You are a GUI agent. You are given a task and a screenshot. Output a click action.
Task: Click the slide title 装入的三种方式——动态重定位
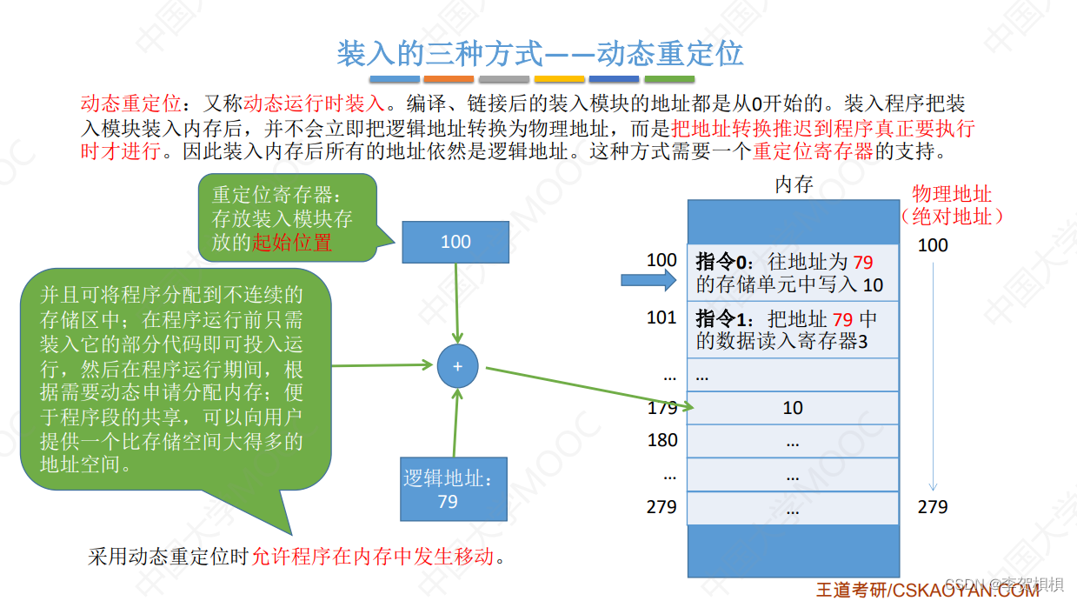click(539, 54)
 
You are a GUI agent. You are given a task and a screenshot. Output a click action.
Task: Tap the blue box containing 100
click(455, 242)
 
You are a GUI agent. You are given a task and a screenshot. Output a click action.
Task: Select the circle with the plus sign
click(457, 366)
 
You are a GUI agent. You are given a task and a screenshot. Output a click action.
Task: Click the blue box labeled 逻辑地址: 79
click(448, 490)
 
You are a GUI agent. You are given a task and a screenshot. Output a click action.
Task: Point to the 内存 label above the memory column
click(793, 184)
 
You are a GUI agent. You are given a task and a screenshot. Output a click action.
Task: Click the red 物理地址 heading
click(952, 194)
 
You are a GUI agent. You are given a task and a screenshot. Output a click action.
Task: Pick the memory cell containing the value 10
click(793, 408)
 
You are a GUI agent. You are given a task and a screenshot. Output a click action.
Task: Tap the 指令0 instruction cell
click(793, 273)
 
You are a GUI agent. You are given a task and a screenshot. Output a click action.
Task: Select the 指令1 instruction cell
click(793, 330)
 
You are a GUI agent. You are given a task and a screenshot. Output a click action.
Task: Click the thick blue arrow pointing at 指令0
click(648, 280)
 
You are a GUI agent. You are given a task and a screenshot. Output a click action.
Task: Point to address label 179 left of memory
click(661, 408)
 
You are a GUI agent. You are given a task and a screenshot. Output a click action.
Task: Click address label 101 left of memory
click(661, 317)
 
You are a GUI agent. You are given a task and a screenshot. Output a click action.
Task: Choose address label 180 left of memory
click(661, 440)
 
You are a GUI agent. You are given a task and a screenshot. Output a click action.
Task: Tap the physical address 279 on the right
click(933, 506)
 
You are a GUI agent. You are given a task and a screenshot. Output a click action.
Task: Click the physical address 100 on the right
click(933, 245)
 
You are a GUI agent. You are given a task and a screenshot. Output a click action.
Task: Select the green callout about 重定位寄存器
click(287, 217)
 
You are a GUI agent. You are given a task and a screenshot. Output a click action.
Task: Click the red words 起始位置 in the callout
click(292, 243)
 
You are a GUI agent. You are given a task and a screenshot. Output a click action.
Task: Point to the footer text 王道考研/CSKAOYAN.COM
click(927, 591)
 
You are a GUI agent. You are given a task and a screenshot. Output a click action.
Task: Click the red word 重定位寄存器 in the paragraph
click(813, 151)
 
